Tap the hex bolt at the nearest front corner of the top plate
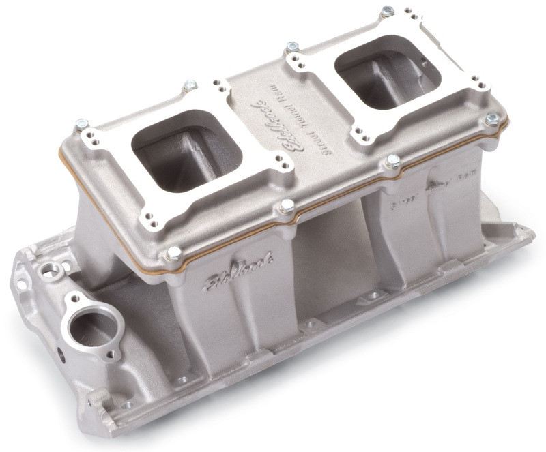coord(173,254)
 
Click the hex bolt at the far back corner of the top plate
coord(387,12)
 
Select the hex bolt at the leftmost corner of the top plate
coord(82,124)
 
